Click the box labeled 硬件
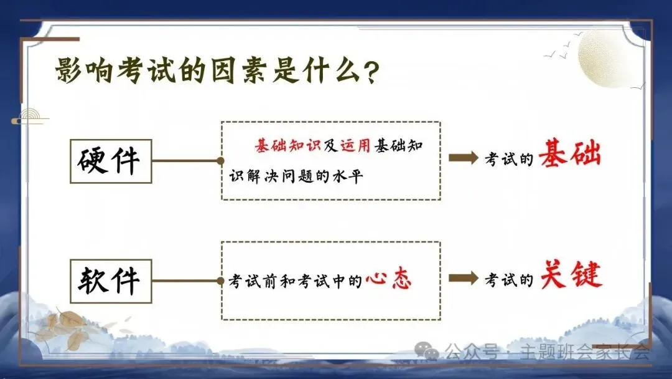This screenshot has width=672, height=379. coord(111,161)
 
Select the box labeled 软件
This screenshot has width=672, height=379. coord(111,281)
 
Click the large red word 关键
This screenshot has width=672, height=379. coord(571,275)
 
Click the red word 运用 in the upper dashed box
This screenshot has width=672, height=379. coord(355,145)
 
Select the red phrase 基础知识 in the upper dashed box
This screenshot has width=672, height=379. coord(287,145)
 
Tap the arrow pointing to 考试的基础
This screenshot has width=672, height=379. coord(464,158)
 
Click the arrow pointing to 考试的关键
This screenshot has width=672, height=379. coord(464,278)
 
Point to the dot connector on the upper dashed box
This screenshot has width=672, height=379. coord(221,161)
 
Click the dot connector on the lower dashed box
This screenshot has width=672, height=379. coord(221,281)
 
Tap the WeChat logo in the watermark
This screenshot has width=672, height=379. coord(426,351)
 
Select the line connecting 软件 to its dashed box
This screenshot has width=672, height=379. coord(186,281)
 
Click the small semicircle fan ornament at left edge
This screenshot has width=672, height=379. coord(29,117)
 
